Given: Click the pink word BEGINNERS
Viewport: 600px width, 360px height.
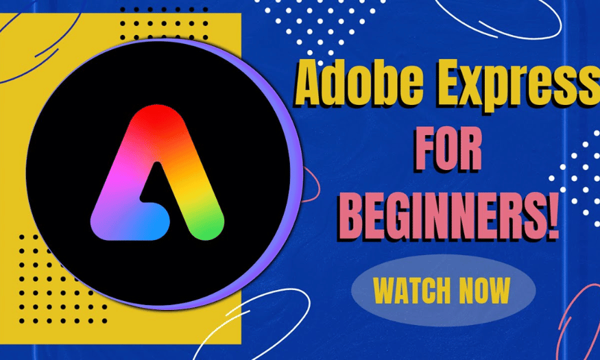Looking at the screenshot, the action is tap(440, 216).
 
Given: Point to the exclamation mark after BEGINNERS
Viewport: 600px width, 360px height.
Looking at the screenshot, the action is tap(551, 215).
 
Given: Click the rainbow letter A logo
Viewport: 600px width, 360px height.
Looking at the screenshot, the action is tap(157, 173).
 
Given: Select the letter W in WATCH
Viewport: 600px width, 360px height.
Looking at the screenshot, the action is tap(385, 290).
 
